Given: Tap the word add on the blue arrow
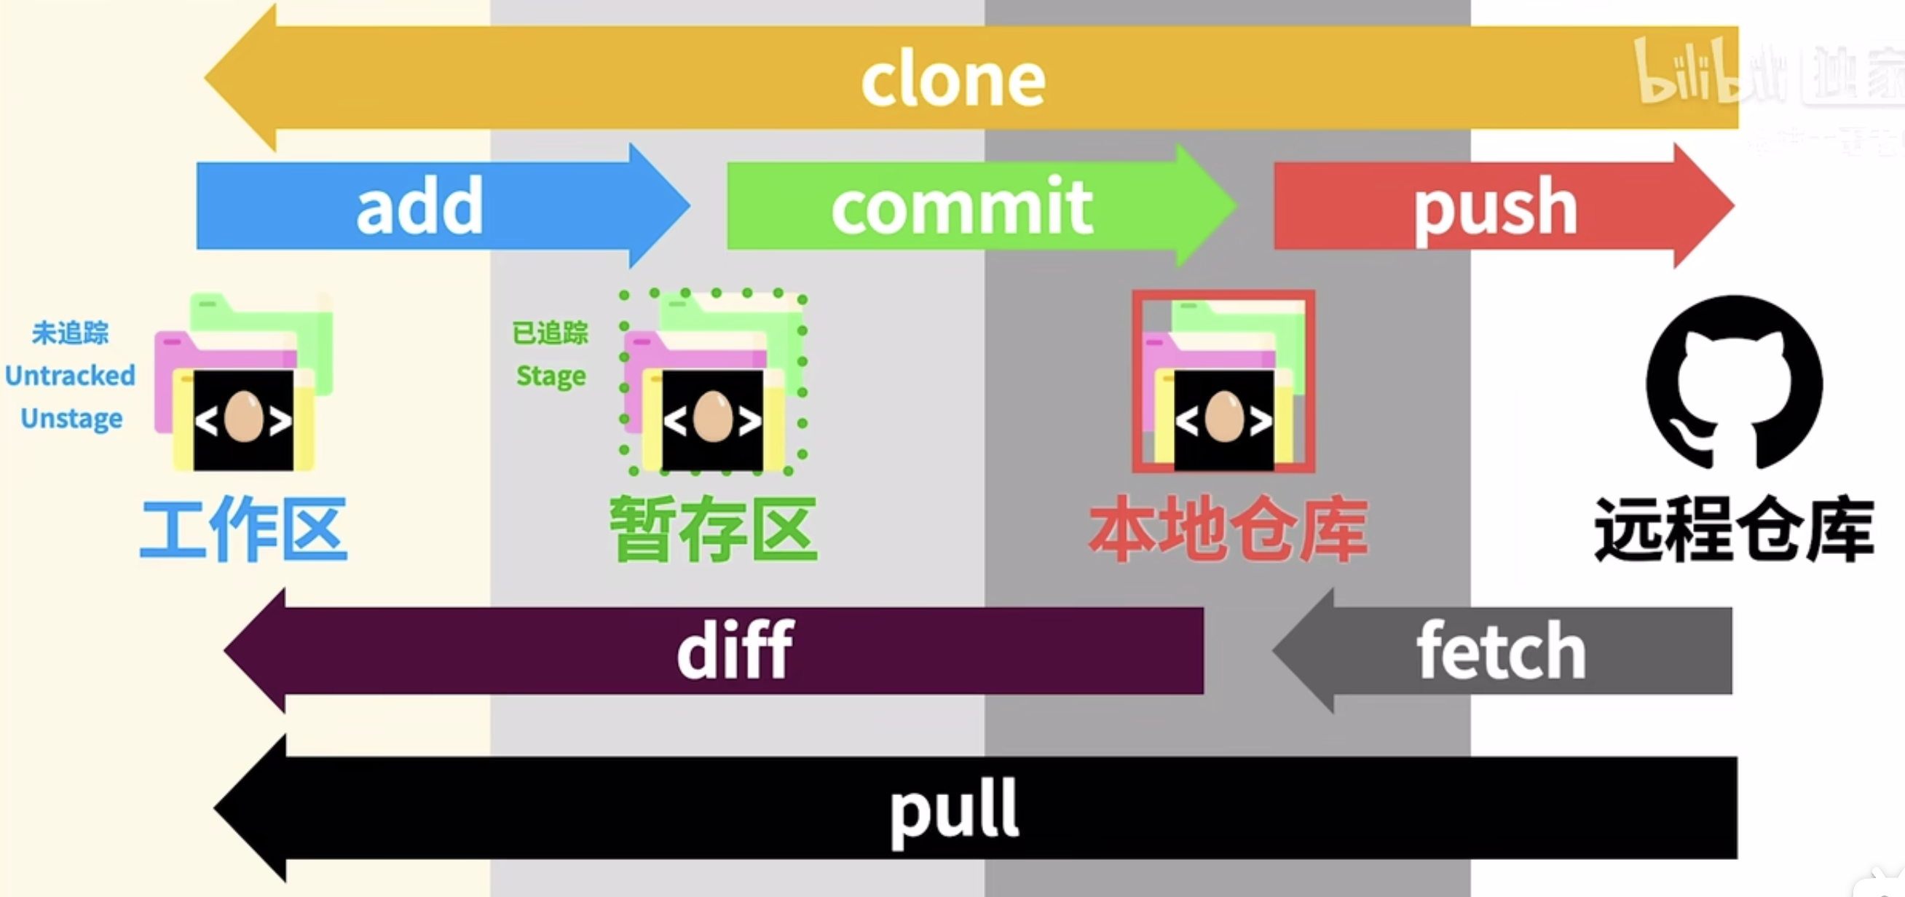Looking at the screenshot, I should click(x=419, y=206).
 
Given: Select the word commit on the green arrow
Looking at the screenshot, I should click(x=961, y=206).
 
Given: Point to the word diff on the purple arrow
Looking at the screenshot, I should click(x=735, y=650).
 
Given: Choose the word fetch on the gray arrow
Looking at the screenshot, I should click(x=1501, y=651).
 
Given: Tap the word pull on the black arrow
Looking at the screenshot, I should click(x=954, y=811).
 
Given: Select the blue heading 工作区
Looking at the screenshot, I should click(x=243, y=529).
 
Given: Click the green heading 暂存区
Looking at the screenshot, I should click(x=714, y=529).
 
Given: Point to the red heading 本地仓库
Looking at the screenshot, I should click(x=1228, y=529).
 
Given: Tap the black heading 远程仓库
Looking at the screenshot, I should click(x=1733, y=529).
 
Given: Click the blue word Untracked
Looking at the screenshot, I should click(x=70, y=376).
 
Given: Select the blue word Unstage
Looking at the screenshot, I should click(x=72, y=419).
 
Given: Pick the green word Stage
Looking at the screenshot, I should click(x=551, y=376).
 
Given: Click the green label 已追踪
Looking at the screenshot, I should click(x=551, y=333).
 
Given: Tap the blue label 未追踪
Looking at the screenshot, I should click(x=70, y=333).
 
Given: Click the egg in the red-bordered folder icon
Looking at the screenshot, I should click(x=1224, y=416).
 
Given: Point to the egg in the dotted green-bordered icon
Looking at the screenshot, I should click(x=713, y=417).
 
